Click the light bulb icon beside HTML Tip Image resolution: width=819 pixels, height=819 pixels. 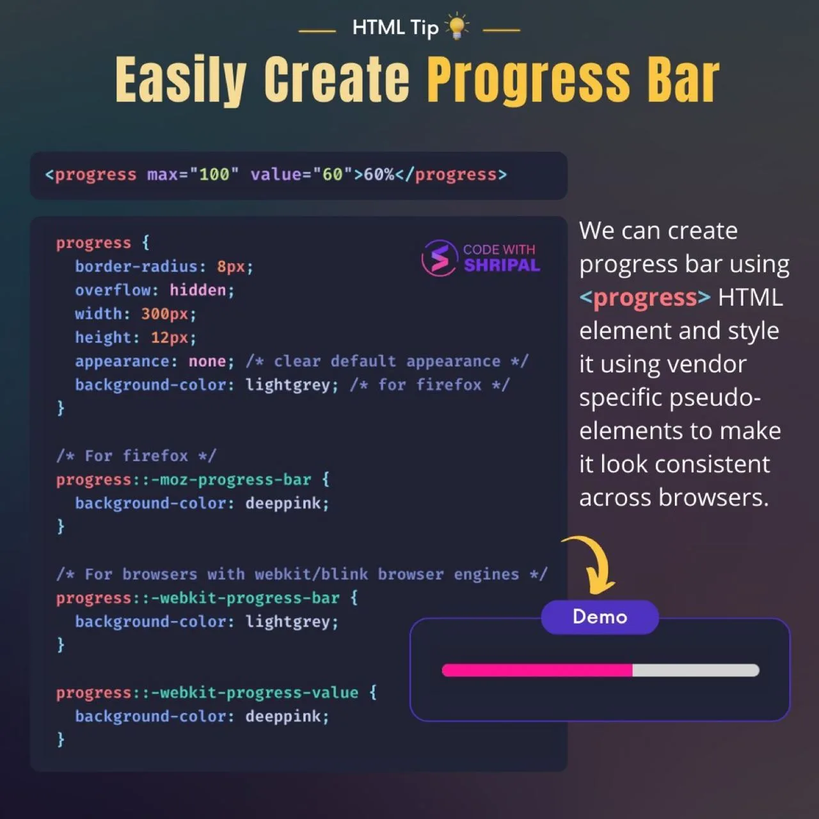coord(457,26)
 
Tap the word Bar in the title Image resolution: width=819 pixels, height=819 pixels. coord(683,79)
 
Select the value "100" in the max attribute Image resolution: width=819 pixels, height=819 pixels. coord(214,175)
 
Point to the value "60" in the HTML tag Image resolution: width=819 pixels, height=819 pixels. coord(332,175)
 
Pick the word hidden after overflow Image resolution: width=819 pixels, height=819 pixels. coord(198,290)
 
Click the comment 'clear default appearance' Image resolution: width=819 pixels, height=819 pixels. coord(387,362)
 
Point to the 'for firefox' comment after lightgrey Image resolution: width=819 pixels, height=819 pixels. coord(429,385)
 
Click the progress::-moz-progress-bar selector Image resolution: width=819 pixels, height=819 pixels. coord(184,480)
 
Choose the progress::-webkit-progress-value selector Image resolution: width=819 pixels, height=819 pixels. coord(207,693)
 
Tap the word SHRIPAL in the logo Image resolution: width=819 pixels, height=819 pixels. coord(502,266)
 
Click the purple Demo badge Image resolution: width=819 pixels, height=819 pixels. coord(600,617)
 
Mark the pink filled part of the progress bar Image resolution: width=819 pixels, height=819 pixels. coord(537,671)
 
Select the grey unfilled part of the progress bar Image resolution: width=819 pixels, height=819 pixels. coord(696,671)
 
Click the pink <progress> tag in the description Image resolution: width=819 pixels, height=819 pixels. coord(645,298)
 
